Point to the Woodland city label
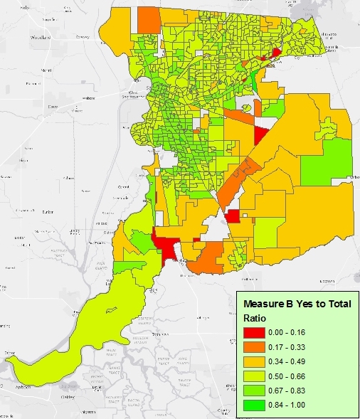43,37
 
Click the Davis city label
50,106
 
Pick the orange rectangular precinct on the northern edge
149,20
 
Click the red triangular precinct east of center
261,134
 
